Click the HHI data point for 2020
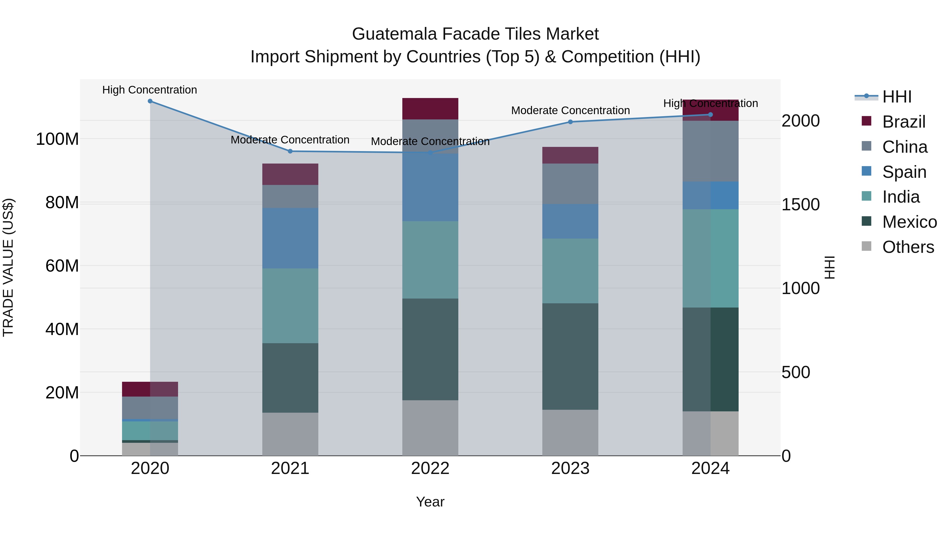150,101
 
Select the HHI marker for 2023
570,122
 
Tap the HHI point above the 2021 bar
290,151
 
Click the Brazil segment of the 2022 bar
430,109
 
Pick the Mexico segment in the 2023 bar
570,356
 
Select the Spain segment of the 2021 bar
290,238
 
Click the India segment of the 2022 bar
430,260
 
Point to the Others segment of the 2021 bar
290,434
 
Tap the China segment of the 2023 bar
570,184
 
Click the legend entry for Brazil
904,122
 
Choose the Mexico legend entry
909,222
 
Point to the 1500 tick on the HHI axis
800,204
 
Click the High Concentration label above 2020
150,90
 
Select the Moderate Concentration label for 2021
290,140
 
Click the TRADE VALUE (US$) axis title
8,267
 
